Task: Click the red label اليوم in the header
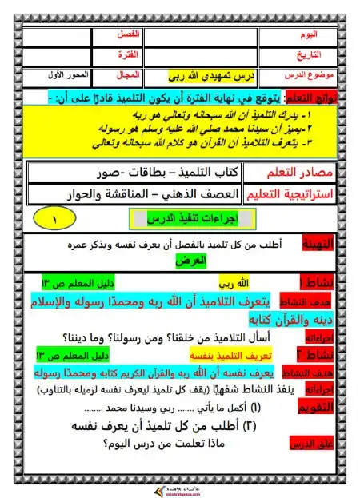pos(308,36)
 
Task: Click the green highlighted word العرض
pos(193,261)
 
